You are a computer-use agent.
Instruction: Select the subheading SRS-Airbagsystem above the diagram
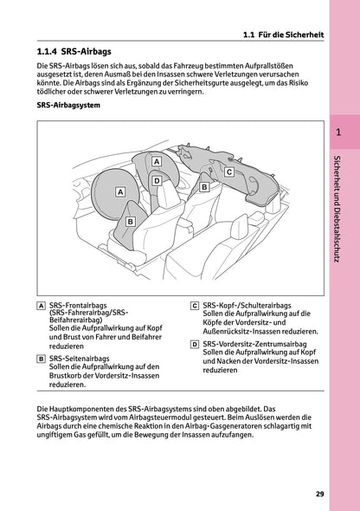(70, 106)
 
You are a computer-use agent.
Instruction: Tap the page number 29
(319, 495)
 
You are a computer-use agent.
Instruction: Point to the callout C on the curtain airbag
(228, 172)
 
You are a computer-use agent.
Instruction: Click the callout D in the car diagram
(157, 181)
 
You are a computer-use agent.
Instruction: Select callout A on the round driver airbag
(120, 191)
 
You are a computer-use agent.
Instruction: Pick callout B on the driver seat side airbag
(129, 222)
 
